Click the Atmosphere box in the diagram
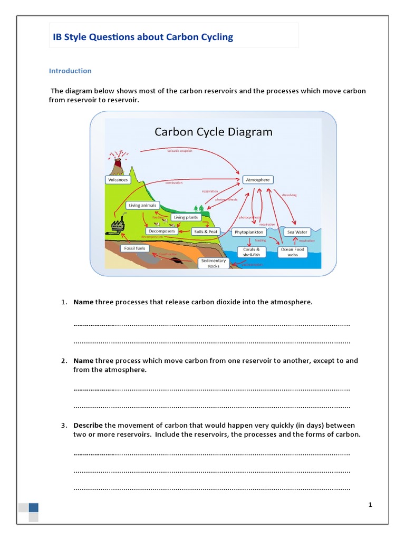[x=257, y=180]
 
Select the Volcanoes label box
[x=118, y=180]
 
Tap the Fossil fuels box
[x=134, y=248]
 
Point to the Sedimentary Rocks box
[x=214, y=263]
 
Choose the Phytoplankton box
[x=249, y=232]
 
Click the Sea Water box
[x=297, y=232]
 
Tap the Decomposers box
[x=161, y=231]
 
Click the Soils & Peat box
[x=206, y=232]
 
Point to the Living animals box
[x=142, y=205]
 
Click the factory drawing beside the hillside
[x=118, y=225]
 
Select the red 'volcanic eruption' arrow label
[x=180, y=151]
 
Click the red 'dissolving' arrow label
[x=289, y=195]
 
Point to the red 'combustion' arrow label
[x=174, y=182]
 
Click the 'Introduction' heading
[x=70, y=71]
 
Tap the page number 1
[x=370, y=505]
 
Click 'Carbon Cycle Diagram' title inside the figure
[x=213, y=132]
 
